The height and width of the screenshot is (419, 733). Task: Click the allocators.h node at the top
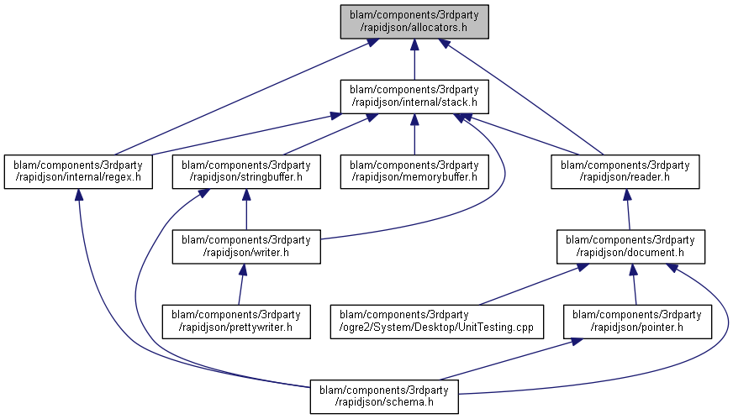click(414, 21)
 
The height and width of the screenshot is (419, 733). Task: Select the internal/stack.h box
click(414, 96)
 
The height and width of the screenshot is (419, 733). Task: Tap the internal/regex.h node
click(78, 170)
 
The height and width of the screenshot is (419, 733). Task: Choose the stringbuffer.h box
click(245, 170)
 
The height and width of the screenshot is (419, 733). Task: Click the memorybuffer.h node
click(414, 170)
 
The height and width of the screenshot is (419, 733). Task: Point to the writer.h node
click(245, 246)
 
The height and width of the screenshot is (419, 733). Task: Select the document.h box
click(630, 246)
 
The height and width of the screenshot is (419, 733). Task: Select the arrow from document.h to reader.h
click(627, 210)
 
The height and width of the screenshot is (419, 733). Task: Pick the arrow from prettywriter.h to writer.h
click(241, 285)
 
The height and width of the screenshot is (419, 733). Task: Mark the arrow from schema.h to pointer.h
click(504, 360)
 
